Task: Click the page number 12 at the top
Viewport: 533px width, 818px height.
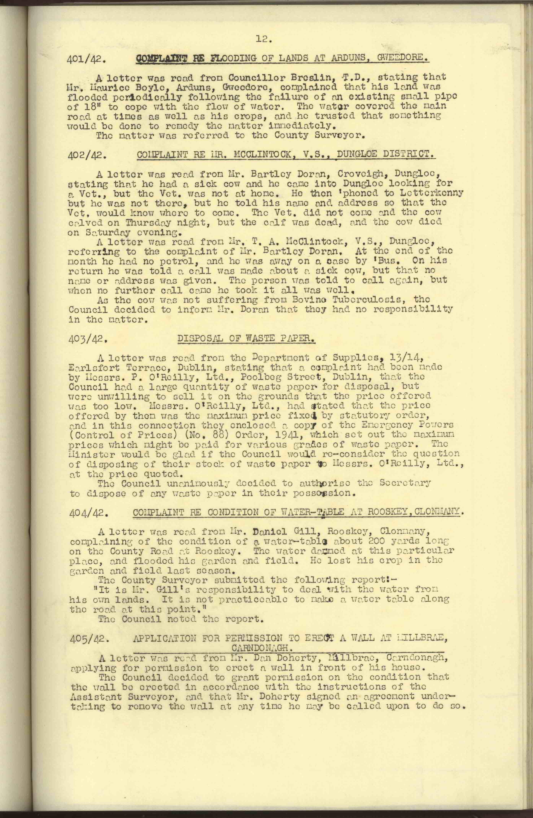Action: (264, 40)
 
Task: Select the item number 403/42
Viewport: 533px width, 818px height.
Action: (86, 340)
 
